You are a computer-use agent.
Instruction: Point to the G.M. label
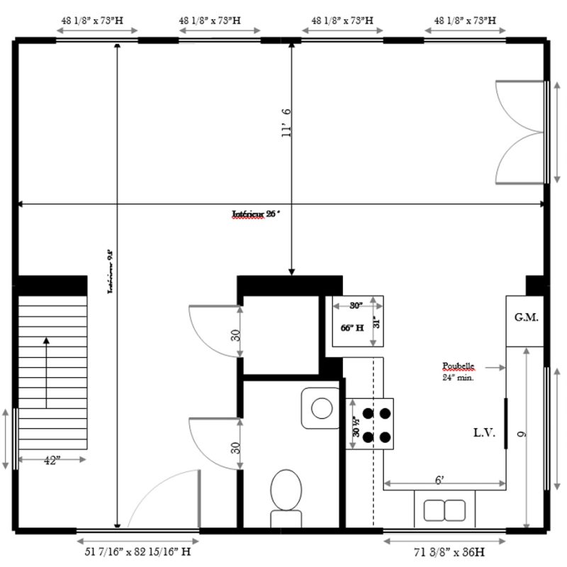point(526,318)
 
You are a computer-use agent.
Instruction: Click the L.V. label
point(484,432)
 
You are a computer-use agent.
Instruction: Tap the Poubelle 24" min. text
point(458,372)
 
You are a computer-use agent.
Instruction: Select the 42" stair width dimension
point(50,459)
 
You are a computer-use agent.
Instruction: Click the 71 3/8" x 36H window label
point(444,550)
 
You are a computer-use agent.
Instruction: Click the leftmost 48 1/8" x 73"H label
point(96,21)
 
